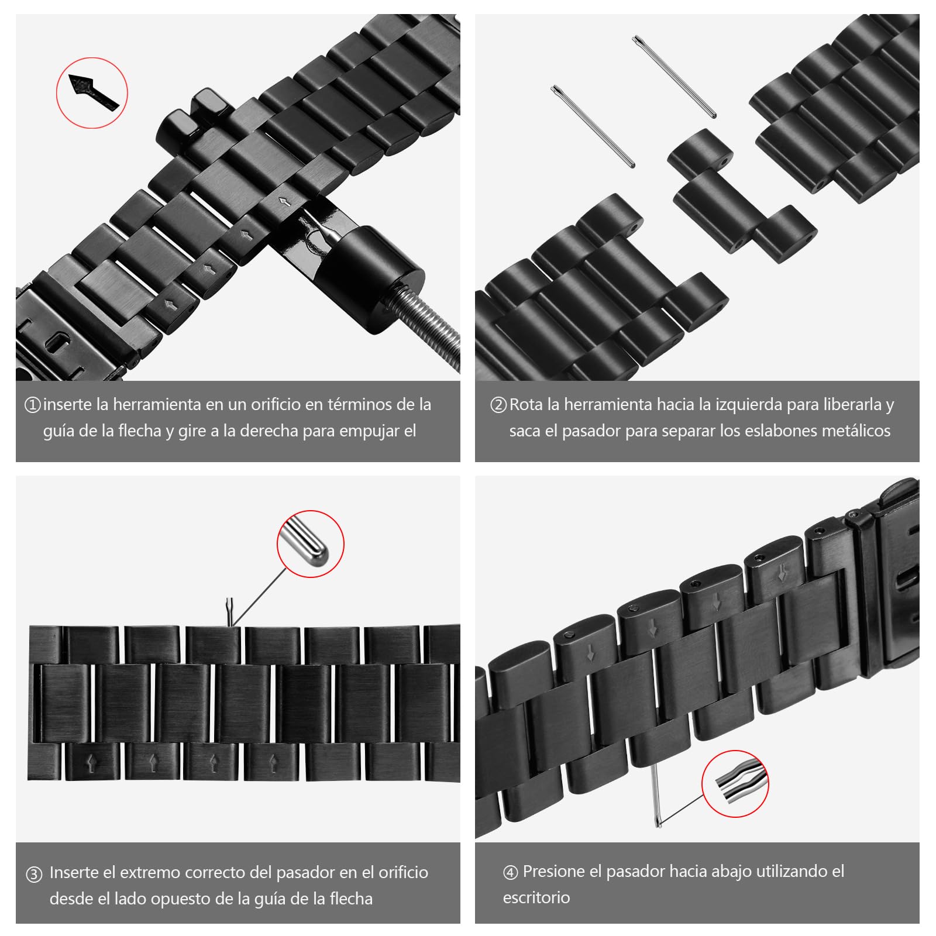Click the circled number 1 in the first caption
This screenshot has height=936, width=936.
coord(33,405)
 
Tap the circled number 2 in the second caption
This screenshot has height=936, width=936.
coord(498,405)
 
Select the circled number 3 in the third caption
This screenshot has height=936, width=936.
coord(34,874)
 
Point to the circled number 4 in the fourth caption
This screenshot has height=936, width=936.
coord(511,873)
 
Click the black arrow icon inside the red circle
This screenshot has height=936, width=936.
coord(92,92)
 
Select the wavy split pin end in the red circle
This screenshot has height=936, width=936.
coord(735,784)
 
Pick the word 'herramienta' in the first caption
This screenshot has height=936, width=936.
coord(157,404)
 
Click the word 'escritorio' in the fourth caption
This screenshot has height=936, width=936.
coord(536,897)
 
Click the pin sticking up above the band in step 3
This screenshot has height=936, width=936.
coord(230,612)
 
